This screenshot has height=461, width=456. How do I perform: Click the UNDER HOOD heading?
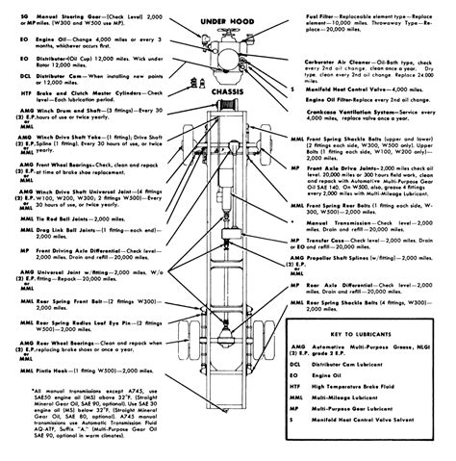pos(227,20)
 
